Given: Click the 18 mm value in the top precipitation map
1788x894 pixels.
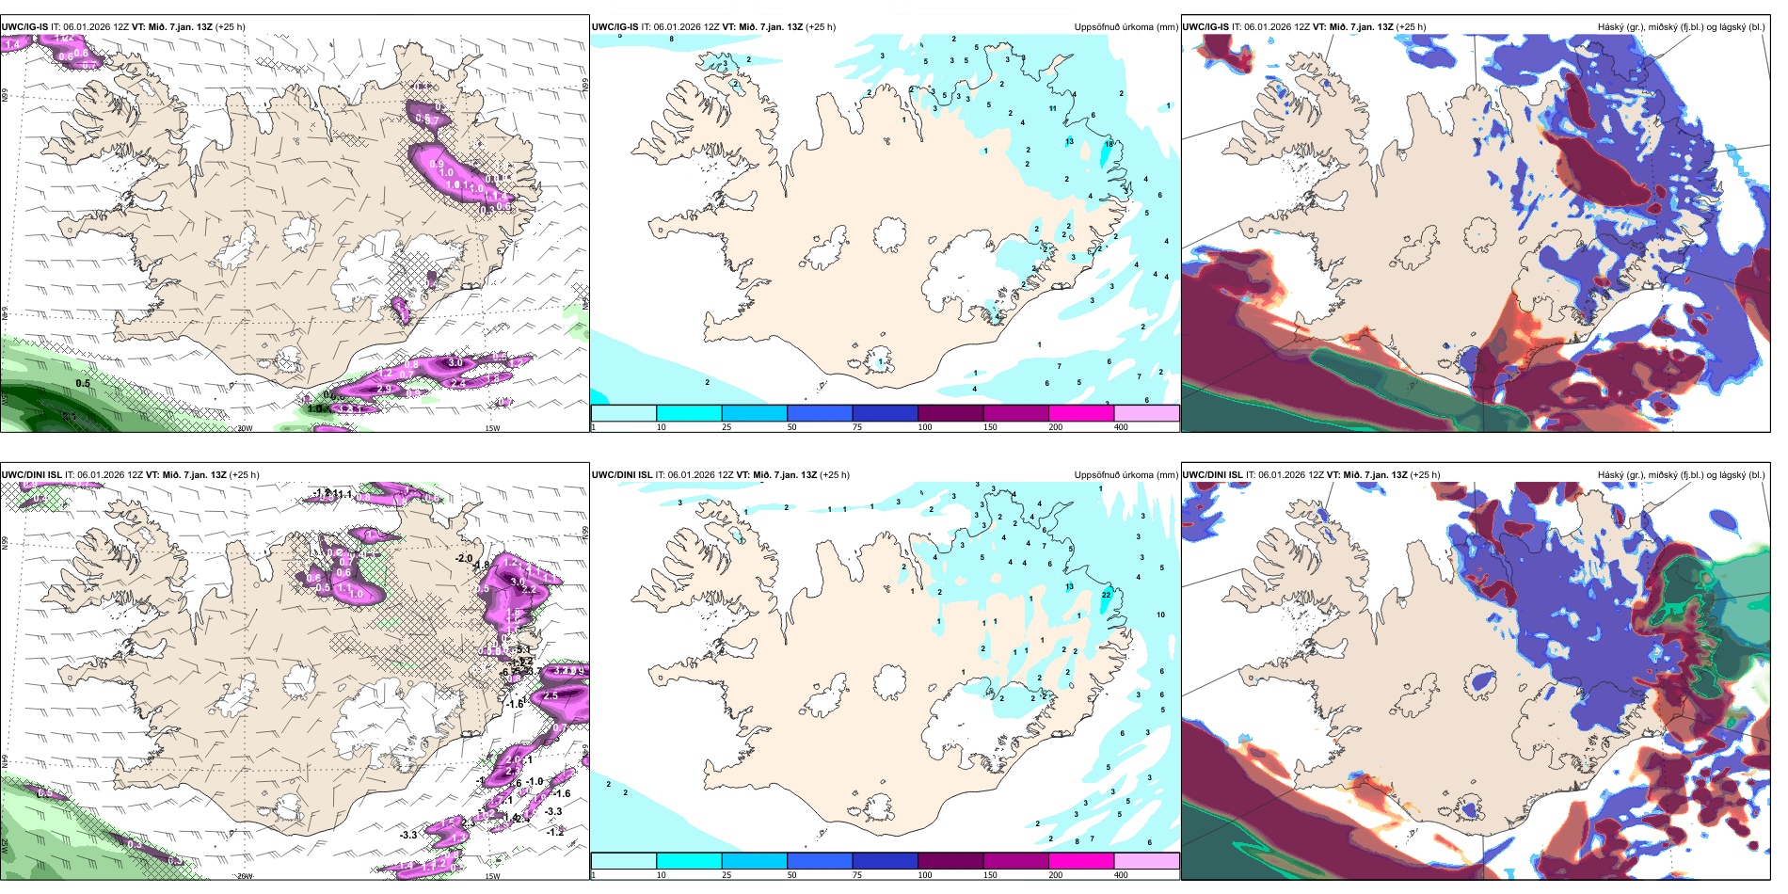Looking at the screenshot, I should pos(1110,144).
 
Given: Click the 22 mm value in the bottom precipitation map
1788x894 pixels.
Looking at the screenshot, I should pos(1106,595).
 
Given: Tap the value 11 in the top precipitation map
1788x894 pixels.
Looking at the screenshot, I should pos(1052,108).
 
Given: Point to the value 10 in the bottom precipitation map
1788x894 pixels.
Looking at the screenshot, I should pos(1160,615).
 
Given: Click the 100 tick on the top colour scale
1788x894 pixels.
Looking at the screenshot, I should pos(925,427).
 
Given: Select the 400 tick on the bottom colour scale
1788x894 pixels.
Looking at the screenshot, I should pos(1121,875).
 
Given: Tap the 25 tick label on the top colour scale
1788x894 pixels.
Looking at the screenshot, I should pos(726,427).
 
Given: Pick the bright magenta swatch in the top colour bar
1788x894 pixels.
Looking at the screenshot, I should pos(1081,413).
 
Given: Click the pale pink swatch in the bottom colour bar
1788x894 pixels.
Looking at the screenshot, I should pos(1146,861).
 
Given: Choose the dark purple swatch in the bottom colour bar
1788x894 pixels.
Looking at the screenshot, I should pos(950,861).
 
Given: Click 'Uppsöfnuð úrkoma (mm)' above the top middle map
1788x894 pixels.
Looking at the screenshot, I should pos(1125,27).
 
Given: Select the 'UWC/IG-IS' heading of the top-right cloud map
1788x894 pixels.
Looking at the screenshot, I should pos(1205,27).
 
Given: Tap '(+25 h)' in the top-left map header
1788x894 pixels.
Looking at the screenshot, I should pos(231,27).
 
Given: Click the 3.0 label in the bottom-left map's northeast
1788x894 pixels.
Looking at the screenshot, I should pos(517,582).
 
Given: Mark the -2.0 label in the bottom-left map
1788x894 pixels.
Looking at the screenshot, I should pos(463,558).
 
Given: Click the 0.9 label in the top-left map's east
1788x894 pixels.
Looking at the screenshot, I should pos(437,164).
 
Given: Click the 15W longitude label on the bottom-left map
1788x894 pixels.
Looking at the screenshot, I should pos(491,876).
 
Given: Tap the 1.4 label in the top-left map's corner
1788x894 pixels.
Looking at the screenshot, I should pos(12,44).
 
